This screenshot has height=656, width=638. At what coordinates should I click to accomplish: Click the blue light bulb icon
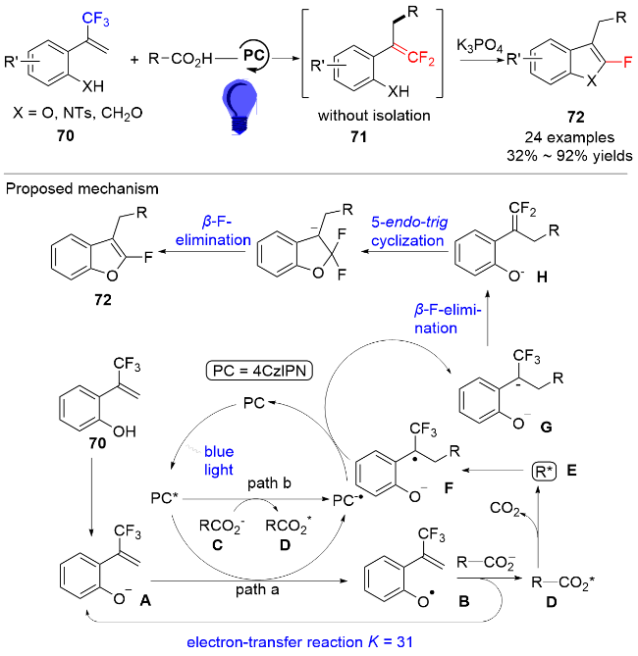pyautogui.click(x=239, y=107)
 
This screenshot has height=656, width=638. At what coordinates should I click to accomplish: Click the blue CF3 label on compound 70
pyautogui.click(x=95, y=19)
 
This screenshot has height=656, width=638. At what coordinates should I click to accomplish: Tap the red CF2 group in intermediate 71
pyautogui.click(x=421, y=58)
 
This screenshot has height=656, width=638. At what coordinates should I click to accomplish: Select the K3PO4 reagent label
pyautogui.click(x=479, y=46)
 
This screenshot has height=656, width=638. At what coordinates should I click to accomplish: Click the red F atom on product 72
pyautogui.click(x=627, y=63)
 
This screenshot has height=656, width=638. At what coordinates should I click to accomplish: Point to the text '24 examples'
pyautogui.click(x=569, y=137)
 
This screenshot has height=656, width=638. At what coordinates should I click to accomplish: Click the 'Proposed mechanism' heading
pyautogui.click(x=82, y=189)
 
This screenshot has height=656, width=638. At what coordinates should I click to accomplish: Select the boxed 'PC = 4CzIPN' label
pyautogui.click(x=260, y=371)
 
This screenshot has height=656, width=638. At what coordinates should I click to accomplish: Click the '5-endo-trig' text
pyautogui.click(x=409, y=223)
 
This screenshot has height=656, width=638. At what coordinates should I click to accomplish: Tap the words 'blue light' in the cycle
pyautogui.click(x=219, y=461)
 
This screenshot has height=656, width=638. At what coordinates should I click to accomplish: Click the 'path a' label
pyautogui.click(x=257, y=589)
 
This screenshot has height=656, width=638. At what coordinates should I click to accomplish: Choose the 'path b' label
pyautogui.click(x=269, y=483)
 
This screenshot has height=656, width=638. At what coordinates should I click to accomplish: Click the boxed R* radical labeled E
pyautogui.click(x=544, y=471)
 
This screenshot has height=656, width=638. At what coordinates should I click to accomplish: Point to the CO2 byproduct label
pyautogui.click(x=505, y=508)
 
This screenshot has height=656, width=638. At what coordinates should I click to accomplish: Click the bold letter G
pyautogui.click(x=546, y=428)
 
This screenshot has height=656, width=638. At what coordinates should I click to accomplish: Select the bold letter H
pyautogui.click(x=542, y=277)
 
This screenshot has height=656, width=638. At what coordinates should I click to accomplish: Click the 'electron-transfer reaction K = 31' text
pyautogui.click(x=299, y=641)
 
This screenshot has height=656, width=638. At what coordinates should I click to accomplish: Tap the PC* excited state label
pyautogui.click(x=165, y=499)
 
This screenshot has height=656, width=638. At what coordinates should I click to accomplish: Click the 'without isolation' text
pyautogui.click(x=374, y=116)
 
